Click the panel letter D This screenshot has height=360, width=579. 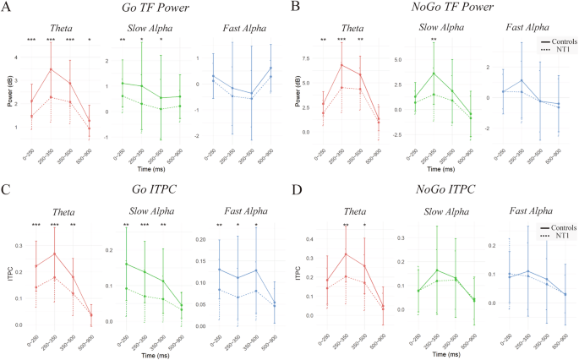(x=295, y=186)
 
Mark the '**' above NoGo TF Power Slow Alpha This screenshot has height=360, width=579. (x=433, y=40)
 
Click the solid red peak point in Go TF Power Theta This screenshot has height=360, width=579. (x=52, y=69)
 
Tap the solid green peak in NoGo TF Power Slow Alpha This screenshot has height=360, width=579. (x=433, y=73)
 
